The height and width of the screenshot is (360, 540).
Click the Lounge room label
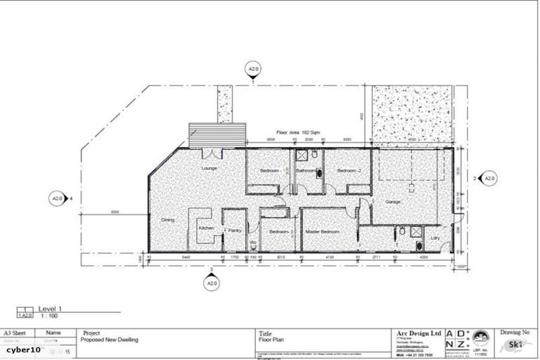coord(209,169)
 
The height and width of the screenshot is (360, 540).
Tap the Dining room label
coord(167,220)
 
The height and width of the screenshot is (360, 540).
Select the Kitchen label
coord(205,229)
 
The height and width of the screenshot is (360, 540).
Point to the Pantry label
coord(234,229)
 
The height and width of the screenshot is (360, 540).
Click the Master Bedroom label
coord(321,231)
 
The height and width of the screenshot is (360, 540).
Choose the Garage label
coord(392,202)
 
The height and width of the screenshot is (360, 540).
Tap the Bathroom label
coord(306,171)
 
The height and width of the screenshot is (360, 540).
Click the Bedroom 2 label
coord(348,171)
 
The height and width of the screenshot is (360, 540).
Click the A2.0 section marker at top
coord(253,69)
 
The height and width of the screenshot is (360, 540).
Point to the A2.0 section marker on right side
coord(488,179)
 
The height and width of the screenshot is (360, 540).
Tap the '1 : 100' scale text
coord(48,316)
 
